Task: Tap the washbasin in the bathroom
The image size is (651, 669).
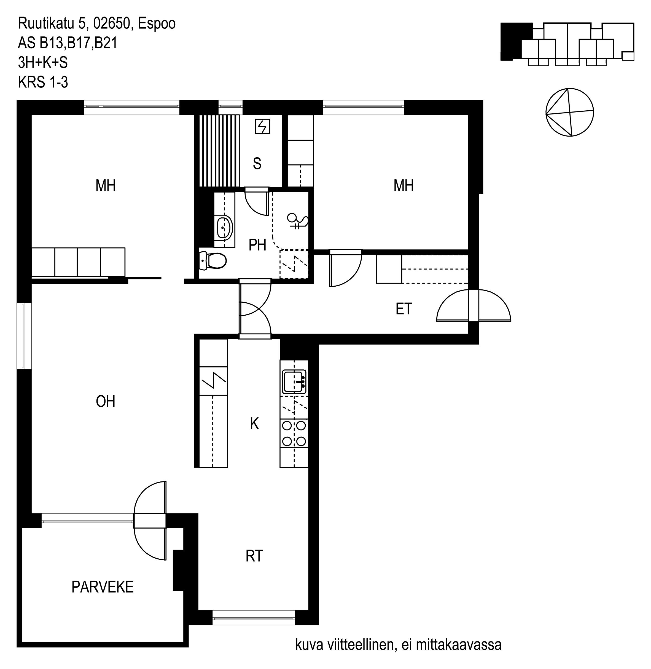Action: pos(225,227)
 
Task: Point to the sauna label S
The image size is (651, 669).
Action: pos(257,164)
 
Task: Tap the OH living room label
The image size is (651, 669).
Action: pos(106,401)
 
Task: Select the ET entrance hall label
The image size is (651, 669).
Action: pos(404,309)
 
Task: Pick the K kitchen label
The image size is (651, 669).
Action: pos(254,424)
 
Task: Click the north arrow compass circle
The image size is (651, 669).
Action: pos(570,112)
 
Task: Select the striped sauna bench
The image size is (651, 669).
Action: pos(219,151)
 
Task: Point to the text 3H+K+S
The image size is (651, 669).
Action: pos(43,63)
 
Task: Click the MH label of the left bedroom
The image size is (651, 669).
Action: pos(106,185)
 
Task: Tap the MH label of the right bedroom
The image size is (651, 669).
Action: pos(404,185)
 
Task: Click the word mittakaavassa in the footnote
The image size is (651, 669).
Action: pos(459,645)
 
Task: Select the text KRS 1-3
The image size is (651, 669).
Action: pos(43,82)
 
